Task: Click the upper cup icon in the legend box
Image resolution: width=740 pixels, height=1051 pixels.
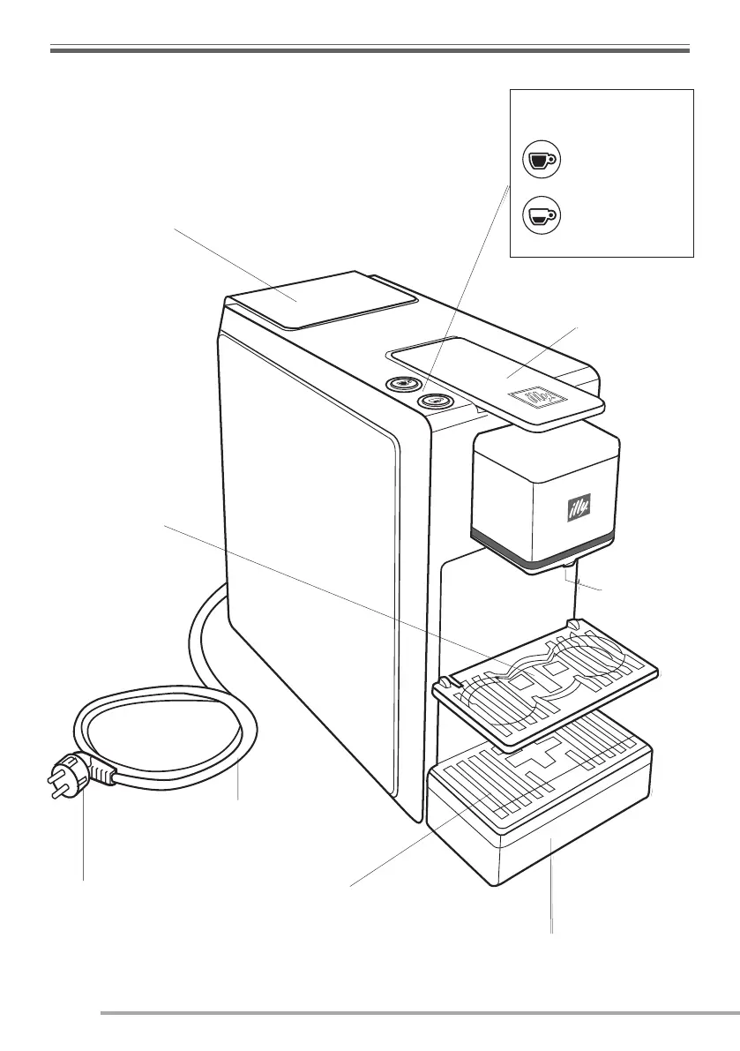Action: click(539, 160)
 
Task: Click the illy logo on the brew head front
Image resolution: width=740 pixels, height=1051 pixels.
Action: click(576, 508)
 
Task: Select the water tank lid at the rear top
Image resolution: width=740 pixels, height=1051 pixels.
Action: click(322, 298)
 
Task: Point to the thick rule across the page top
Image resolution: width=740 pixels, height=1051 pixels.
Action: click(370, 51)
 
